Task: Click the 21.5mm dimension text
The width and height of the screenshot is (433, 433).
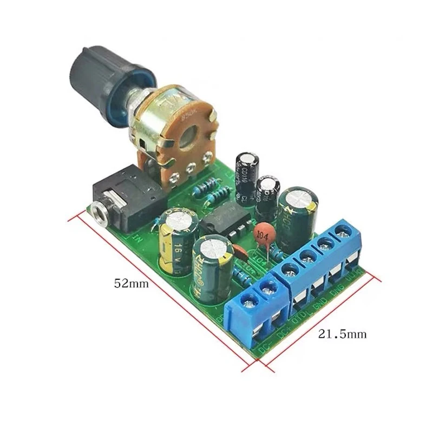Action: click(342, 334)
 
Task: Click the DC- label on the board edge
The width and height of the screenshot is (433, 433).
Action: click(265, 350)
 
